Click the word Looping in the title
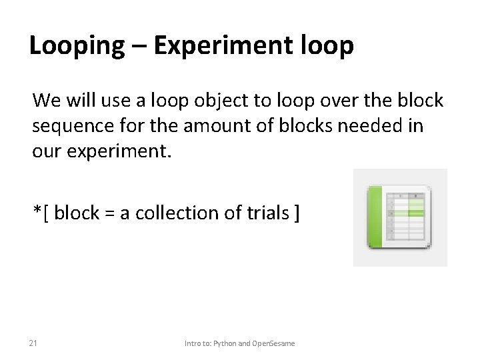(x=77, y=47)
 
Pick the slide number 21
(x=33, y=343)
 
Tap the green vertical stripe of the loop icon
(x=375, y=217)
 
